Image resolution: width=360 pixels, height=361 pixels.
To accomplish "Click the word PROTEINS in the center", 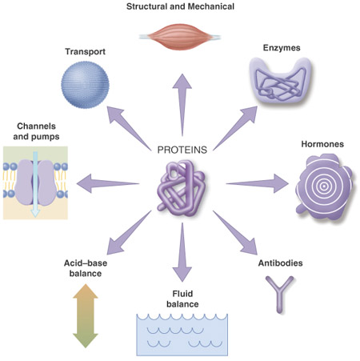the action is click(x=182, y=150).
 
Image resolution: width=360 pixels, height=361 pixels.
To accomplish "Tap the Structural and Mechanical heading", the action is click(x=180, y=6).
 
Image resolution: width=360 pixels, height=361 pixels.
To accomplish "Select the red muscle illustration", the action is click(x=180, y=37).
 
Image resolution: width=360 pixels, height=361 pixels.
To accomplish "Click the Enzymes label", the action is click(x=282, y=48).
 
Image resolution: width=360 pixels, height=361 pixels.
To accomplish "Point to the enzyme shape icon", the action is click(x=281, y=80).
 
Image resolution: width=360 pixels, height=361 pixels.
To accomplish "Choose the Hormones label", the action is click(x=322, y=144).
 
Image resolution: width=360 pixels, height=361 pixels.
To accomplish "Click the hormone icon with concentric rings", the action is click(x=324, y=187).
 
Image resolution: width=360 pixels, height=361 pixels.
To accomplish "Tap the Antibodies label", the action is click(x=280, y=263).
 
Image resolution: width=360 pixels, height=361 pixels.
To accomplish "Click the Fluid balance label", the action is click(x=182, y=299).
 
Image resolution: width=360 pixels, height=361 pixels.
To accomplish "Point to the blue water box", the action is click(x=182, y=335).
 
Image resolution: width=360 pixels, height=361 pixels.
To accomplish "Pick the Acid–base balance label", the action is click(x=86, y=268).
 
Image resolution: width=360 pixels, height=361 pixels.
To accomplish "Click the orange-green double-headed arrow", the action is click(x=86, y=316).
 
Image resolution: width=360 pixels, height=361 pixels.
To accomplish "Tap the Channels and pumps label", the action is click(x=36, y=131).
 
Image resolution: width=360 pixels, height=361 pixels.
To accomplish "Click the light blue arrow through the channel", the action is click(x=35, y=185).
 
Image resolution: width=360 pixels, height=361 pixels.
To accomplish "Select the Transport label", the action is click(x=86, y=51).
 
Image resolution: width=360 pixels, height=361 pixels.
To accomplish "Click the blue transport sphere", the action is click(x=85, y=85).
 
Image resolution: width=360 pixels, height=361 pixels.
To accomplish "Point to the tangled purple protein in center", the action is click(x=182, y=188).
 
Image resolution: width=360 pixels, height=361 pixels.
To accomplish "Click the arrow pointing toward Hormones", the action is click(x=258, y=183).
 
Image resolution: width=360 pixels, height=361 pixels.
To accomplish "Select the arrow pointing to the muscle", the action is click(x=182, y=105).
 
